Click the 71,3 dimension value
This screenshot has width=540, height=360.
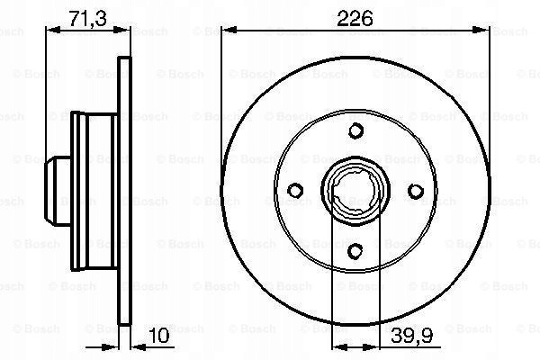click(87, 18)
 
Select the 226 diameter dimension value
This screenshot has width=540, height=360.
click(355, 18)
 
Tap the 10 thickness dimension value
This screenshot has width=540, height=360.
click(158, 335)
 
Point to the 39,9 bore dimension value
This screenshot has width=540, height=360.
click(412, 335)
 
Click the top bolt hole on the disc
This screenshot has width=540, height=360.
click(355, 130)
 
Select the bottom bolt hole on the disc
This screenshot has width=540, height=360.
click(355, 251)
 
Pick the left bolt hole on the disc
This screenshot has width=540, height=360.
click(295, 190)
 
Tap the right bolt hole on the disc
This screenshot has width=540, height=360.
click(416, 191)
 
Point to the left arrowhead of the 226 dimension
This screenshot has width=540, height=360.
click(229, 31)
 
